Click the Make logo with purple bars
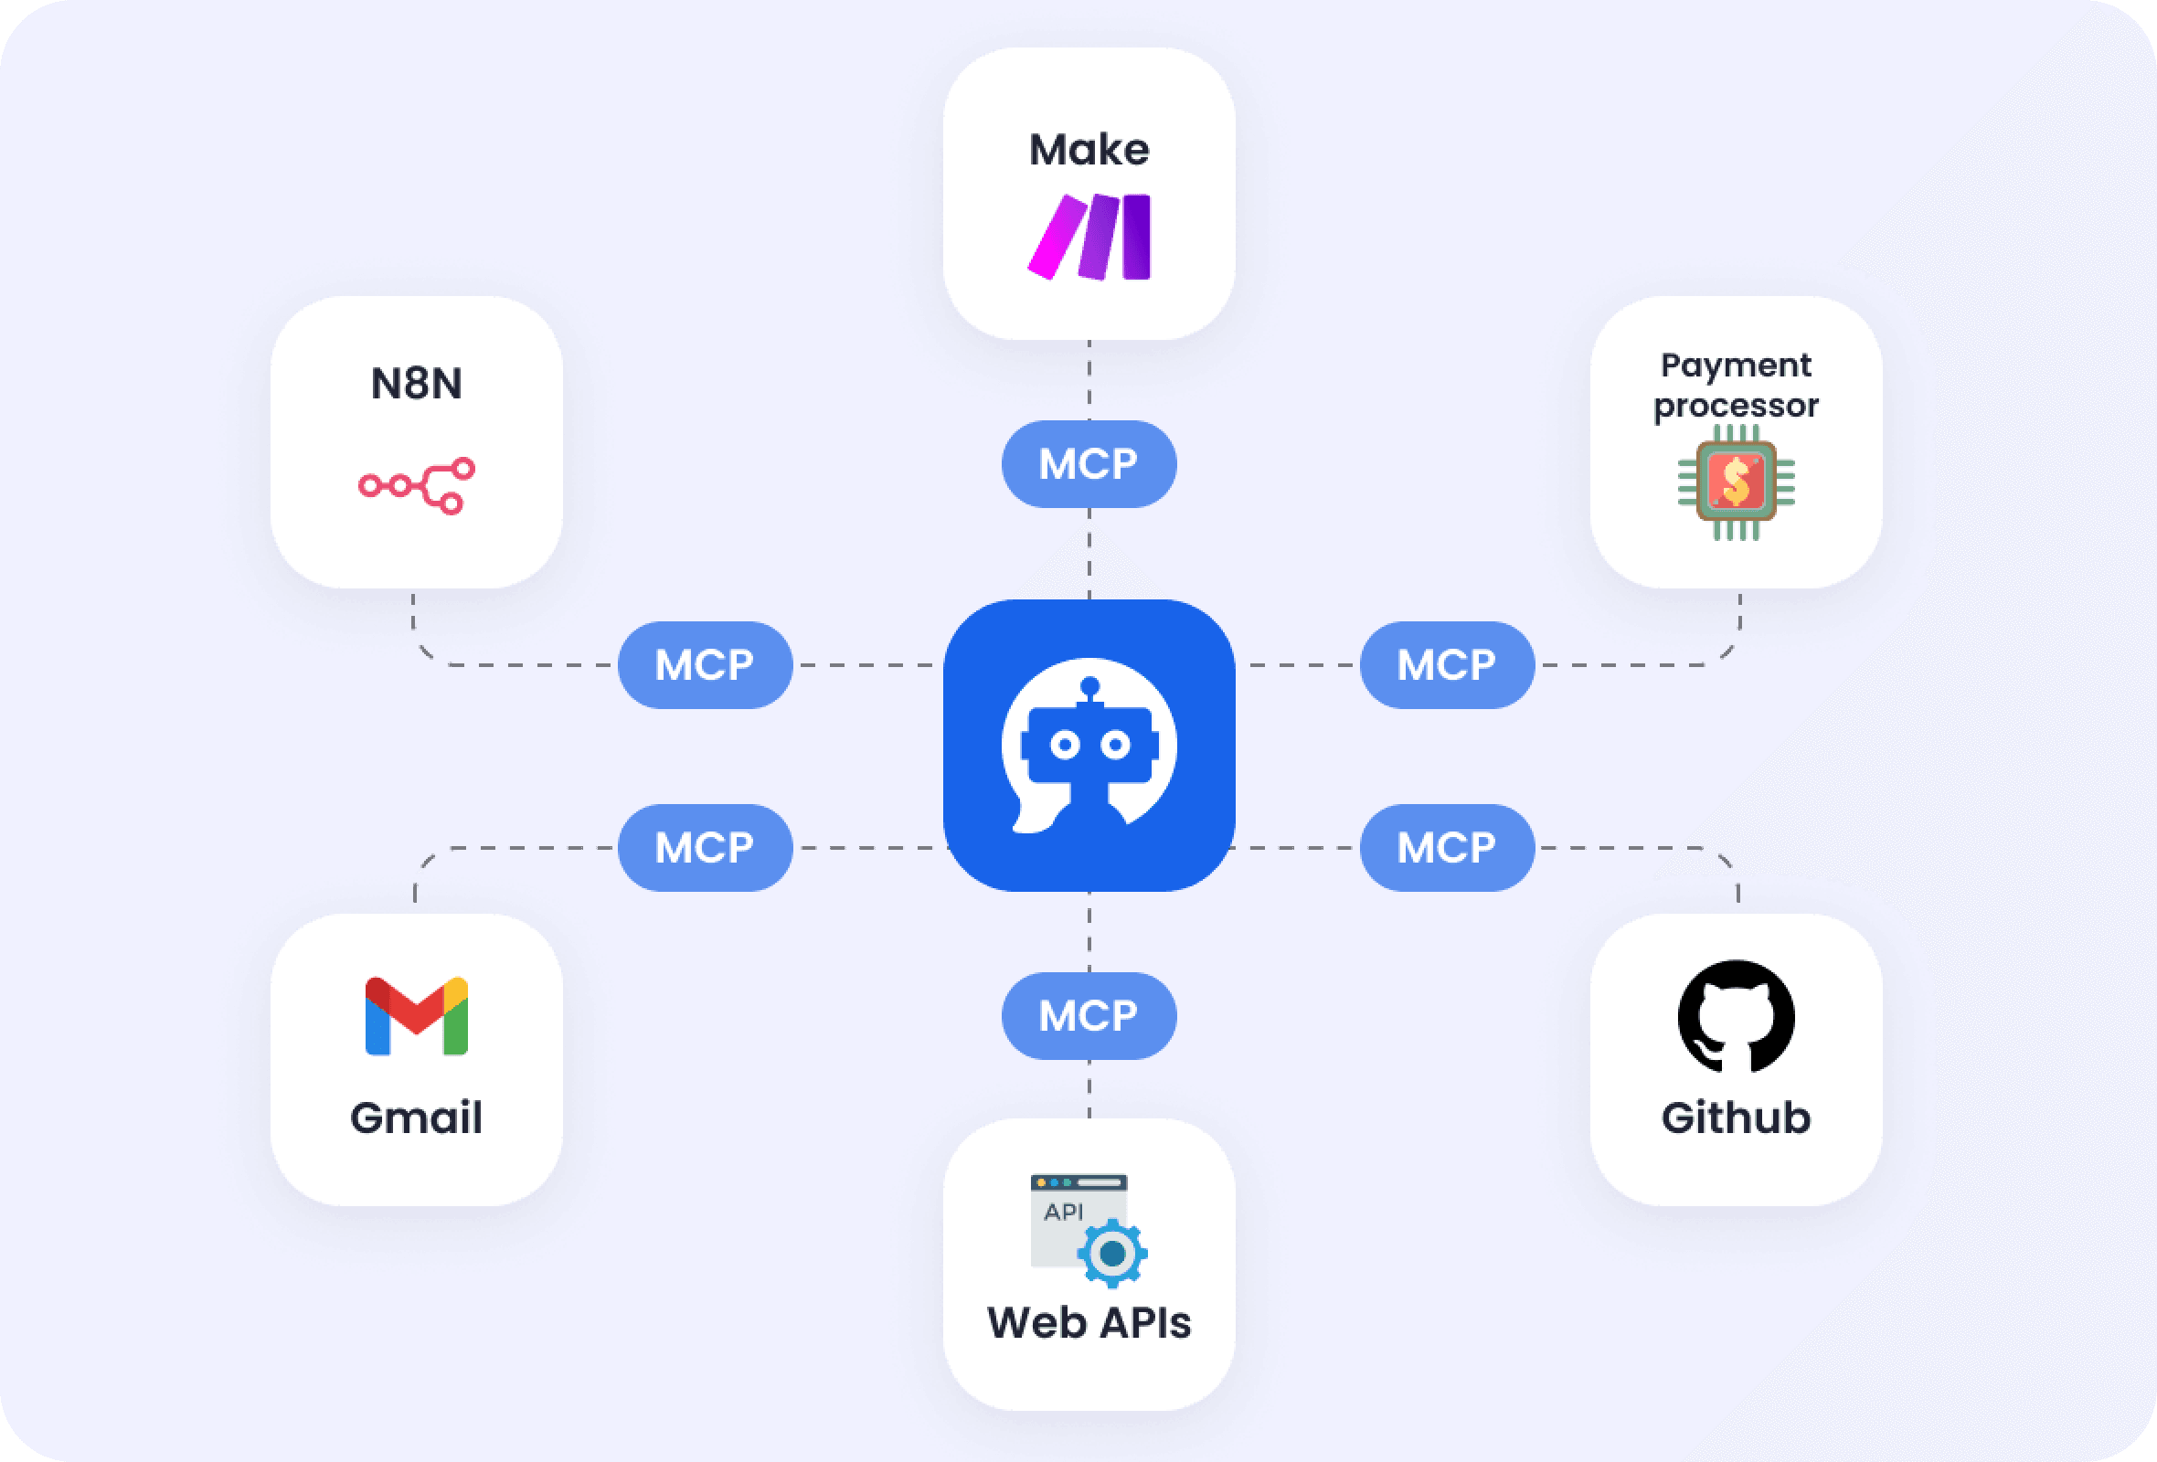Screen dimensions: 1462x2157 [x=1089, y=237]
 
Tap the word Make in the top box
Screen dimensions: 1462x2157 [x=1089, y=150]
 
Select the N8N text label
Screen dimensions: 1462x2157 [x=416, y=383]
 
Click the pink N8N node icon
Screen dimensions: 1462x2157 [x=417, y=485]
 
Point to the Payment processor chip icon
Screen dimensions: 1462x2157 [x=1736, y=482]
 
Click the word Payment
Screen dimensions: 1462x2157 [x=1735, y=365]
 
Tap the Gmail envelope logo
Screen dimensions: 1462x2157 [x=416, y=1016]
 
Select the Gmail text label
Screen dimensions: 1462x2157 [x=416, y=1117]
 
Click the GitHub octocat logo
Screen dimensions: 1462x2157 [x=1736, y=1016]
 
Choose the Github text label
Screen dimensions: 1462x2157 [x=1736, y=1117]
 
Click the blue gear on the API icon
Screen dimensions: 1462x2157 [x=1112, y=1254]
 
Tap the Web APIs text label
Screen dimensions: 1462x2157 [x=1089, y=1322]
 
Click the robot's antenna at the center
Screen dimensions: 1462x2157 [x=1089, y=687]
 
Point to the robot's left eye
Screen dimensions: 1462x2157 [x=1065, y=745]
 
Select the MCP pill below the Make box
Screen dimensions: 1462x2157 [x=1089, y=464]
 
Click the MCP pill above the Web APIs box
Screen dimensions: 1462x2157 [x=1089, y=1016]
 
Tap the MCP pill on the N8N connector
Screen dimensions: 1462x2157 [x=705, y=665]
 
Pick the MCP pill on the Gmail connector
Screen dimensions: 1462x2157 [x=705, y=848]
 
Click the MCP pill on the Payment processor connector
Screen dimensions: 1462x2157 [x=1446, y=665]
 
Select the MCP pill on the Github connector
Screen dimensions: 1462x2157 [x=1446, y=848]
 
